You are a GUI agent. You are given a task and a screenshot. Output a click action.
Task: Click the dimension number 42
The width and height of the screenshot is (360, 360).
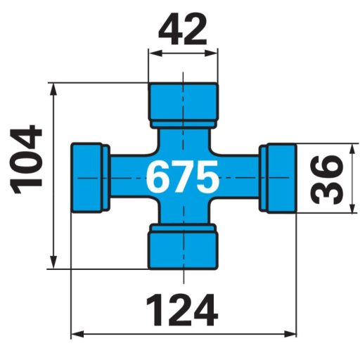pos(183,30)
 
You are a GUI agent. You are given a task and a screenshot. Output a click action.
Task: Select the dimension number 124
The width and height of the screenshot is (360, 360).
pos(181,309)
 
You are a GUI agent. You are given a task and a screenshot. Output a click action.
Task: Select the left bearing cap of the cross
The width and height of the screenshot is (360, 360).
pos(89,176)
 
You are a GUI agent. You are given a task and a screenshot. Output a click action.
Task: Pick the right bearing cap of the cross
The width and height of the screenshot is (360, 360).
pos(277,176)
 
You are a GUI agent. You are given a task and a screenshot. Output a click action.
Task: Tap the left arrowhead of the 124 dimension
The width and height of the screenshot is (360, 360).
pos(77,334)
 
